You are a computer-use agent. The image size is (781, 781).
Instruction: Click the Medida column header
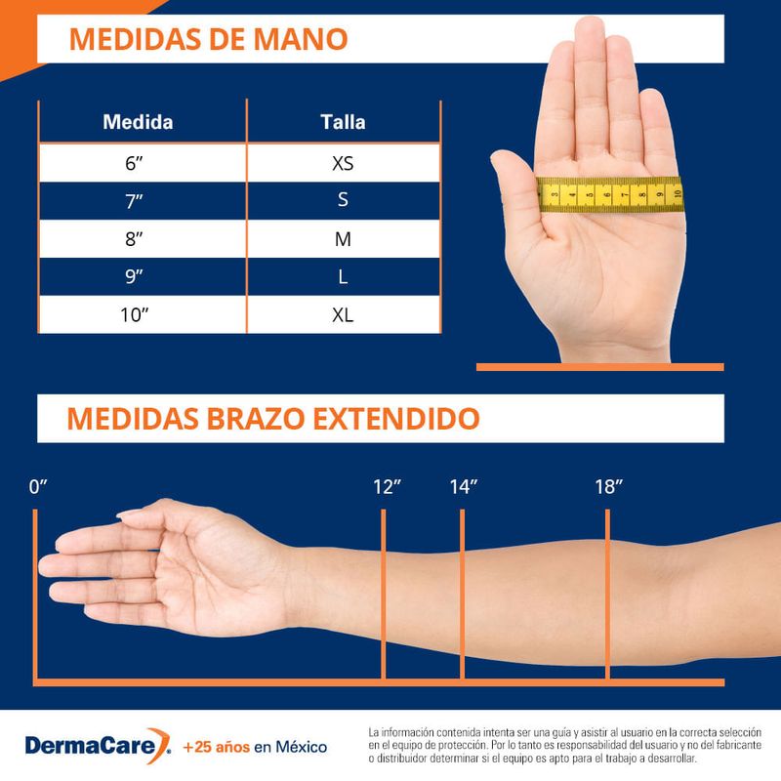[139, 123]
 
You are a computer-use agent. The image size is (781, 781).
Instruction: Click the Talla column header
[343, 123]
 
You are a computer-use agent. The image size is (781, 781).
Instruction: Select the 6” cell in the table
[135, 163]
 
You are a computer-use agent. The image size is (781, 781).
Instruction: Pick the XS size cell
[343, 163]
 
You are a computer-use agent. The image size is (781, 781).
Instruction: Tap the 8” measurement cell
[135, 239]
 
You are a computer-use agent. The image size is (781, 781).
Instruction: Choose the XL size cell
[343, 315]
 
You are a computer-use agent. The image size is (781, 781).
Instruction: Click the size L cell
[343, 277]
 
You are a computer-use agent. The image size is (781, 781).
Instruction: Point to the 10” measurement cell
[135, 315]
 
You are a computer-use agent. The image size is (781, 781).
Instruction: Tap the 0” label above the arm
[38, 487]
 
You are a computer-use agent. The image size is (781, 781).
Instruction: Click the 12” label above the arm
[388, 487]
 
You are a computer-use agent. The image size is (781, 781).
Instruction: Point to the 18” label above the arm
[608, 487]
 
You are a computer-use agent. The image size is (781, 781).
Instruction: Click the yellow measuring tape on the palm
[610, 193]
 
